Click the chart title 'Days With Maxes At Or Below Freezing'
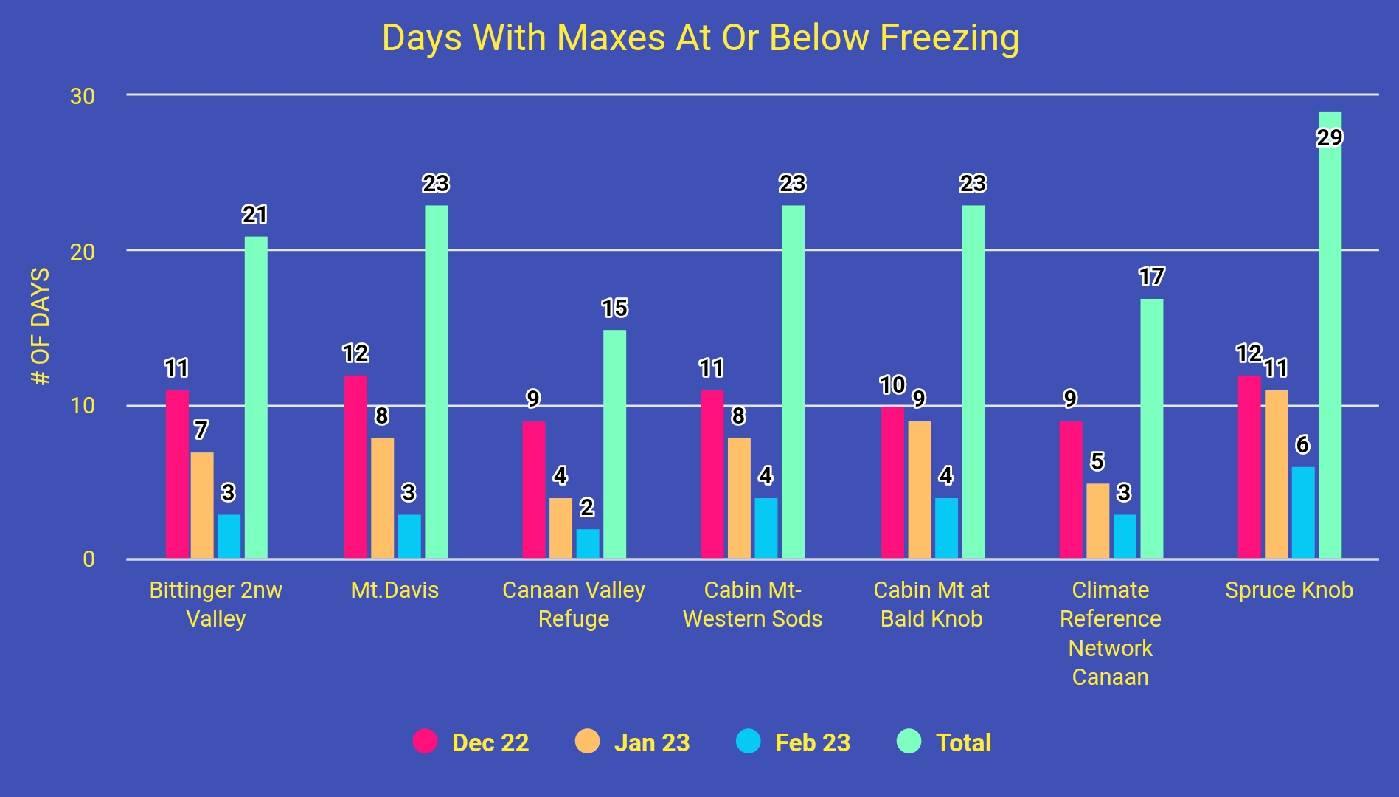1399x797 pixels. pyautogui.click(x=701, y=38)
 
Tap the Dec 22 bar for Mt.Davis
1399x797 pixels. pyautogui.click(x=355, y=466)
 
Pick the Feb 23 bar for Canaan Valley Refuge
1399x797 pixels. pyautogui.click(x=587, y=544)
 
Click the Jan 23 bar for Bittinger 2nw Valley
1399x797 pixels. pyautogui.click(x=202, y=506)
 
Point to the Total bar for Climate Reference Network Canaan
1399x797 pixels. pyautogui.click(x=1151, y=428)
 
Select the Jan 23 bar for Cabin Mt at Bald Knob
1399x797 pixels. pyautogui.click(x=919, y=490)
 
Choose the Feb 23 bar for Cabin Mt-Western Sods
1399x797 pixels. pyautogui.click(x=766, y=528)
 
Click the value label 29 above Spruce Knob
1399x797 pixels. pyautogui.click(x=1330, y=138)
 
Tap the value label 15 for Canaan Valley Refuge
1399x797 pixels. pyautogui.click(x=614, y=308)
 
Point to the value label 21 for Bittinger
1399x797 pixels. pyautogui.click(x=254, y=215)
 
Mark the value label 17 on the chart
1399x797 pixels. pyautogui.click(x=1151, y=277)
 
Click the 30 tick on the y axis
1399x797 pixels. pyautogui.click(x=83, y=96)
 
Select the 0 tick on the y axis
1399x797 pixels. pyautogui.click(x=88, y=559)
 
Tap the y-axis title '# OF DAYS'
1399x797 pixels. pyautogui.click(x=41, y=326)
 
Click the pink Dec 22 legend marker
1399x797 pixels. pyautogui.click(x=425, y=741)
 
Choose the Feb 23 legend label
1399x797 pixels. pyautogui.click(x=813, y=742)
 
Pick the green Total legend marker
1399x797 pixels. pyautogui.click(x=909, y=741)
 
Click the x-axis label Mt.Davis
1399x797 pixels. pyautogui.click(x=395, y=590)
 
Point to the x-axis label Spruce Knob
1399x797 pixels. pyautogui.click(x=1289, y=590)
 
